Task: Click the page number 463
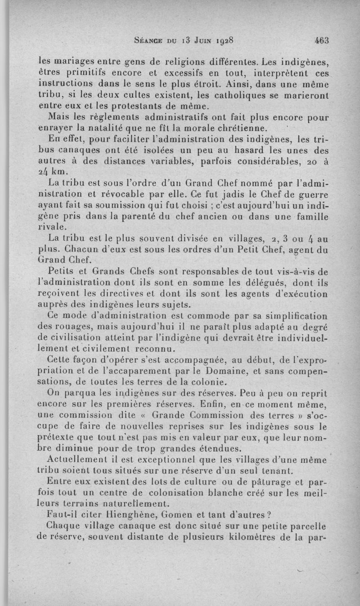point(322,40)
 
